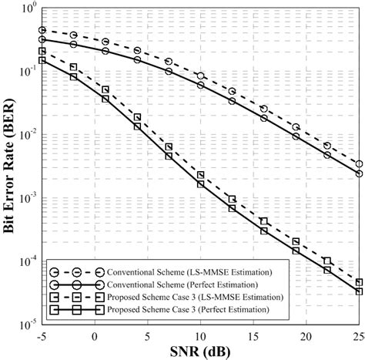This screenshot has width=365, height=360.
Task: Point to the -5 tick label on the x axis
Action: coord(42,336)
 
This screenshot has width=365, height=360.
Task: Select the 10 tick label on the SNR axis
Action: coord(200,336)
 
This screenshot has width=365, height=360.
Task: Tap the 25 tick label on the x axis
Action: coord(358,336)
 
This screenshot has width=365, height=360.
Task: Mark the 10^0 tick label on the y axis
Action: coord(25,9)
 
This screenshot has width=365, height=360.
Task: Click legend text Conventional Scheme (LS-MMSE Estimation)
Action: coord(155,272)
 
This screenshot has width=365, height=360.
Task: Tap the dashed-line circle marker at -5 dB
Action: coord(43,31)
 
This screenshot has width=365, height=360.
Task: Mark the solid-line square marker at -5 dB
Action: coord(43,60)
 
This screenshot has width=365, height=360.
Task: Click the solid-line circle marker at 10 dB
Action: coord(201,85)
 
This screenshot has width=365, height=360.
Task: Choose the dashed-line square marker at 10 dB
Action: coord(201,175)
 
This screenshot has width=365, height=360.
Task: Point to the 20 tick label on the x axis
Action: coord(306,336)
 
